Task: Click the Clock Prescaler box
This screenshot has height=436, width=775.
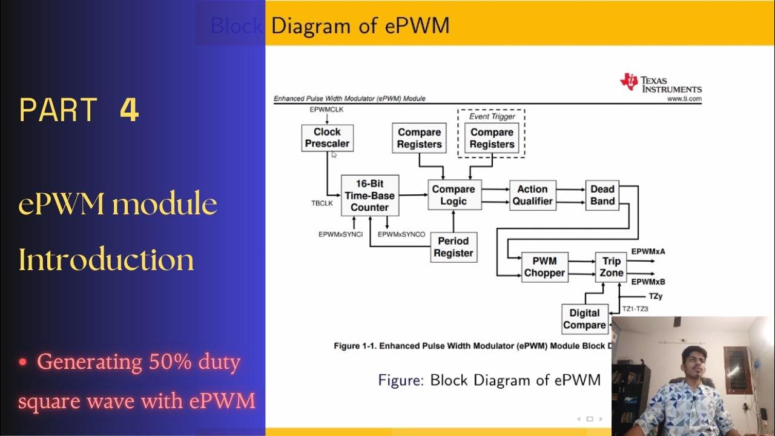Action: [x=327, y=138]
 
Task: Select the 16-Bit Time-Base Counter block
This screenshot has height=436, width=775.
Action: [x=369, y=195]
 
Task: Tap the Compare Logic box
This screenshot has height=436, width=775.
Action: [x=453, y=195]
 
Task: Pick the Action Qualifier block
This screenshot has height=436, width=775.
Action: [x=532, y=195]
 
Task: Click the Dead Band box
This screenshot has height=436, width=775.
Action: [x=602, y=195]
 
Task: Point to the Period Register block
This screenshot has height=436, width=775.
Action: [x=453, y=247]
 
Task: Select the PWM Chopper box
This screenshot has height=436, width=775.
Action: [x=544, y=267]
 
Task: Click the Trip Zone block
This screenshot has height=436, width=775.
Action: [x=611, y=267]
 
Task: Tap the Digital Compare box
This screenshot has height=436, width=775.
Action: [x=584, y=319]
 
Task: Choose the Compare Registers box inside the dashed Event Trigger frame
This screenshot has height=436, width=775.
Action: [x=492, y=138]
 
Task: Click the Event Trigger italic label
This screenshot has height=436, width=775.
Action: [x=492, y=116]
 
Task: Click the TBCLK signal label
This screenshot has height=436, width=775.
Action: [x=322, y=203]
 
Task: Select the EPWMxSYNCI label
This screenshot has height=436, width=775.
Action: [x=340, y=234]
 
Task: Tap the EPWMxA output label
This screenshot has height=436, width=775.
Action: [x=648, y=251]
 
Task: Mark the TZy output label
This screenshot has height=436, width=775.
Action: [x=655, y=296]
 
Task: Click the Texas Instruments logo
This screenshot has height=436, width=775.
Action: [x=661, y=83]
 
